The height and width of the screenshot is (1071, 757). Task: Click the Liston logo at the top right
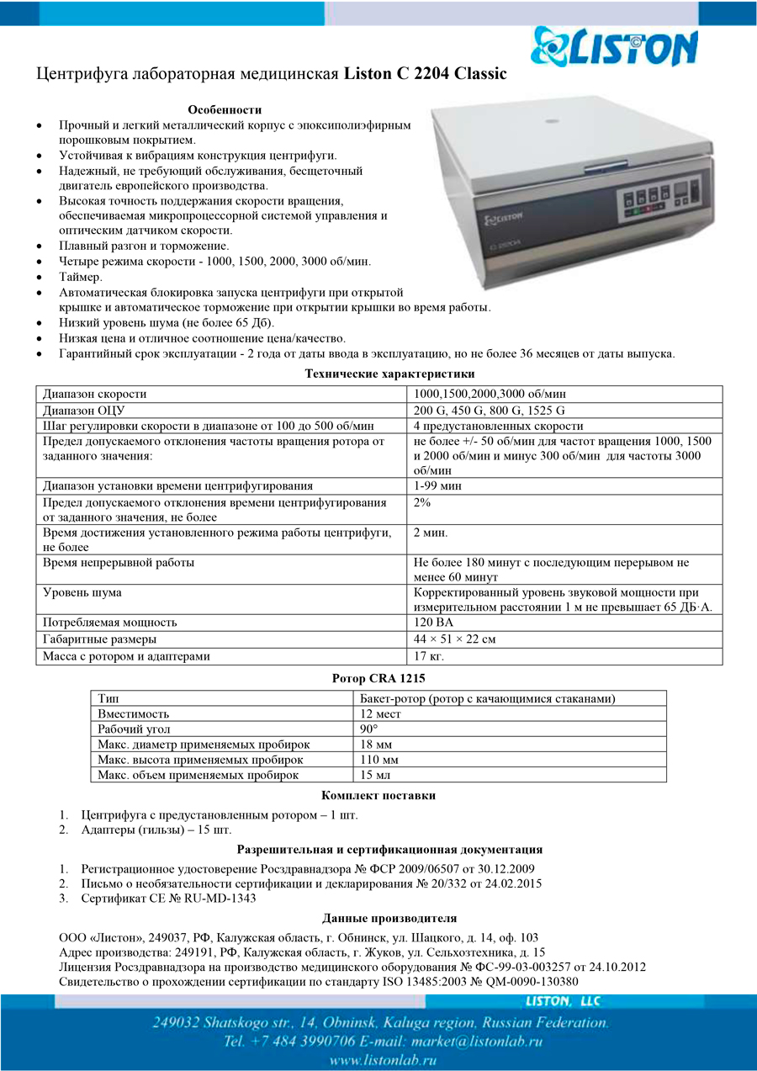(614, 46)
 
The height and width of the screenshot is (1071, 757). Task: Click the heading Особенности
(225, 109)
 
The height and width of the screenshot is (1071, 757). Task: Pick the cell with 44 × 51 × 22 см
(454, 639)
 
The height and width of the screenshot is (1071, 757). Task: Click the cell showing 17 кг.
(429, 656)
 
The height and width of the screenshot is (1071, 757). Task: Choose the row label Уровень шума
(82, 592)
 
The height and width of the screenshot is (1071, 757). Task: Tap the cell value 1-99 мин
(437, 485)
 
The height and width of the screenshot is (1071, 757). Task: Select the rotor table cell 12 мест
(380, 714)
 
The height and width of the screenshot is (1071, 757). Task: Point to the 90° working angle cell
(368, 729)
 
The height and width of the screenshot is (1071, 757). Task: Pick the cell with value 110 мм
(378, 760)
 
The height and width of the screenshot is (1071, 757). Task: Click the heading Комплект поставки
(378, 795)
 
